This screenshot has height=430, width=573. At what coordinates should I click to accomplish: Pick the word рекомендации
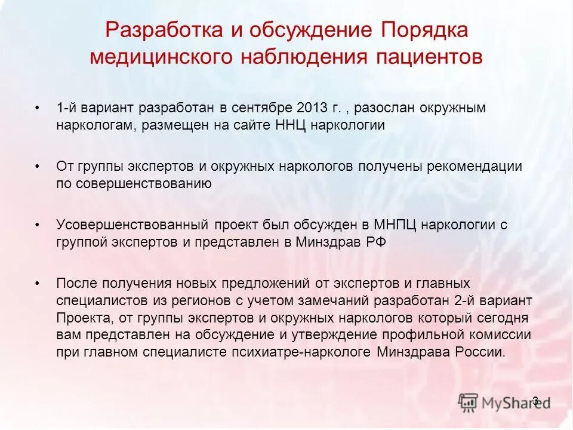(474, 167)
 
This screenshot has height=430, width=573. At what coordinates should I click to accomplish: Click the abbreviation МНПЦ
(396, 225)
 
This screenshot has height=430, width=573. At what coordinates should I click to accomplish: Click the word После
(75, 283)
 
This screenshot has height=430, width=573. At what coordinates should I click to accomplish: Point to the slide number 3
(535, 400)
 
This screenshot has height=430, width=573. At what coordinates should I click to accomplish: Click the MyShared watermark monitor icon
(469, 403)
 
